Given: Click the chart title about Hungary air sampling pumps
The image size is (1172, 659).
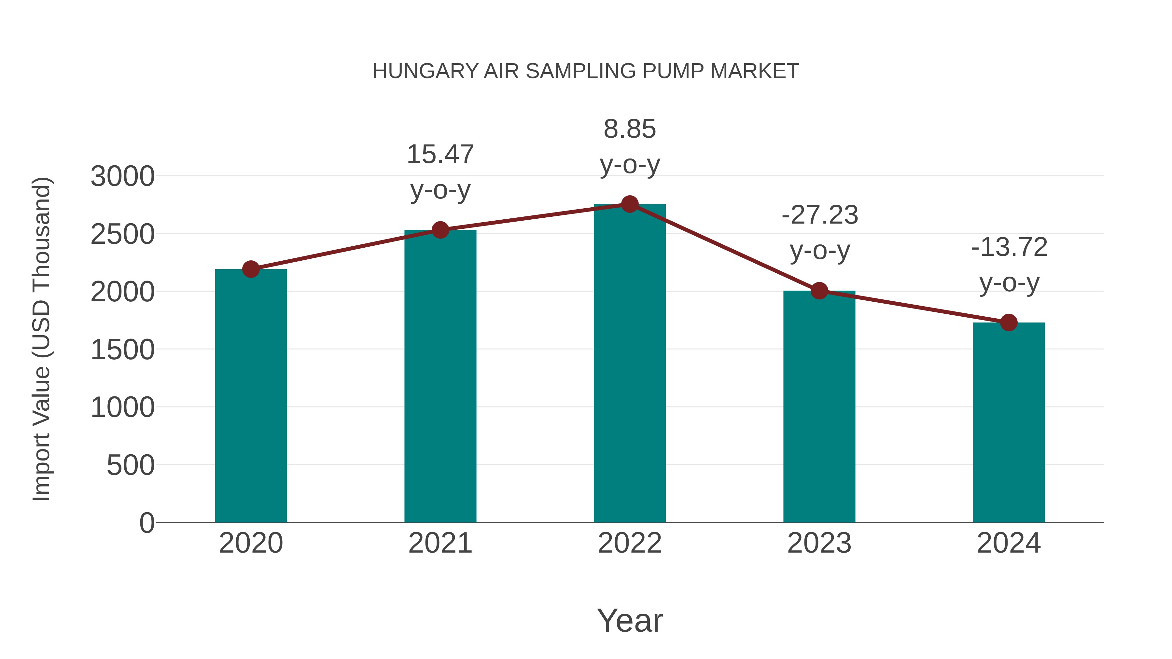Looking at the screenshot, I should click(x=586, y=71).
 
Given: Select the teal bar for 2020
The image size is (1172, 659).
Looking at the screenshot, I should click(x=251, y=396).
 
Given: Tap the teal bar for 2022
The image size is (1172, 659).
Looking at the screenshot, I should click(x=630, y=364).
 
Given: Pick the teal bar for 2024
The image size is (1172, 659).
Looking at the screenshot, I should click(x=1009, y=423).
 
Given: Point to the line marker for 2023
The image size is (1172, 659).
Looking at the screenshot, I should click(x=819, y=291).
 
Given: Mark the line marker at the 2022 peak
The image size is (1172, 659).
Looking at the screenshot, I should click(x=630, y=204).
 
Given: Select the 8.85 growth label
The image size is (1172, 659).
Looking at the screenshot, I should click(x=630, y=146).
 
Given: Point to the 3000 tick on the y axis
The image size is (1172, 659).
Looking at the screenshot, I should click(x=123, y=176).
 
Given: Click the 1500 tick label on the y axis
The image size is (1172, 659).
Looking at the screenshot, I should click(x=123, y=350).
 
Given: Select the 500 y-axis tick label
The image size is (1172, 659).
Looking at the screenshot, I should click(x=131, y=465).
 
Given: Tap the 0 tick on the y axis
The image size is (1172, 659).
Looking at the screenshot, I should click(x=147, y=523).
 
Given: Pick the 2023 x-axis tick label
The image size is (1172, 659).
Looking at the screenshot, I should click(x=819, y=543).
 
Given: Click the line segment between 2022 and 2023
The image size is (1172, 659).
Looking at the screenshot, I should click(x=724, y=247).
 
